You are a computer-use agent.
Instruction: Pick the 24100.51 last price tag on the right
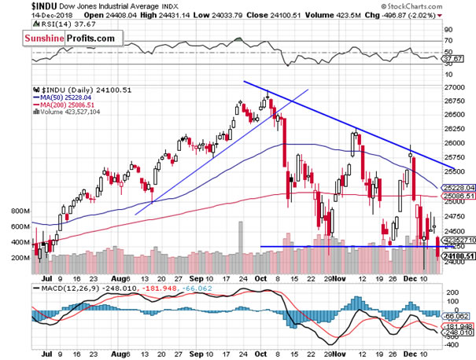pyautogui.click(x=457, y=255)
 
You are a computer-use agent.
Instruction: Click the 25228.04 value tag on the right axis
pyautogui.click(x=457, y=187)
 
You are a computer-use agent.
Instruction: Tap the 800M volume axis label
pyautogui.click(x=19, y=212)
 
